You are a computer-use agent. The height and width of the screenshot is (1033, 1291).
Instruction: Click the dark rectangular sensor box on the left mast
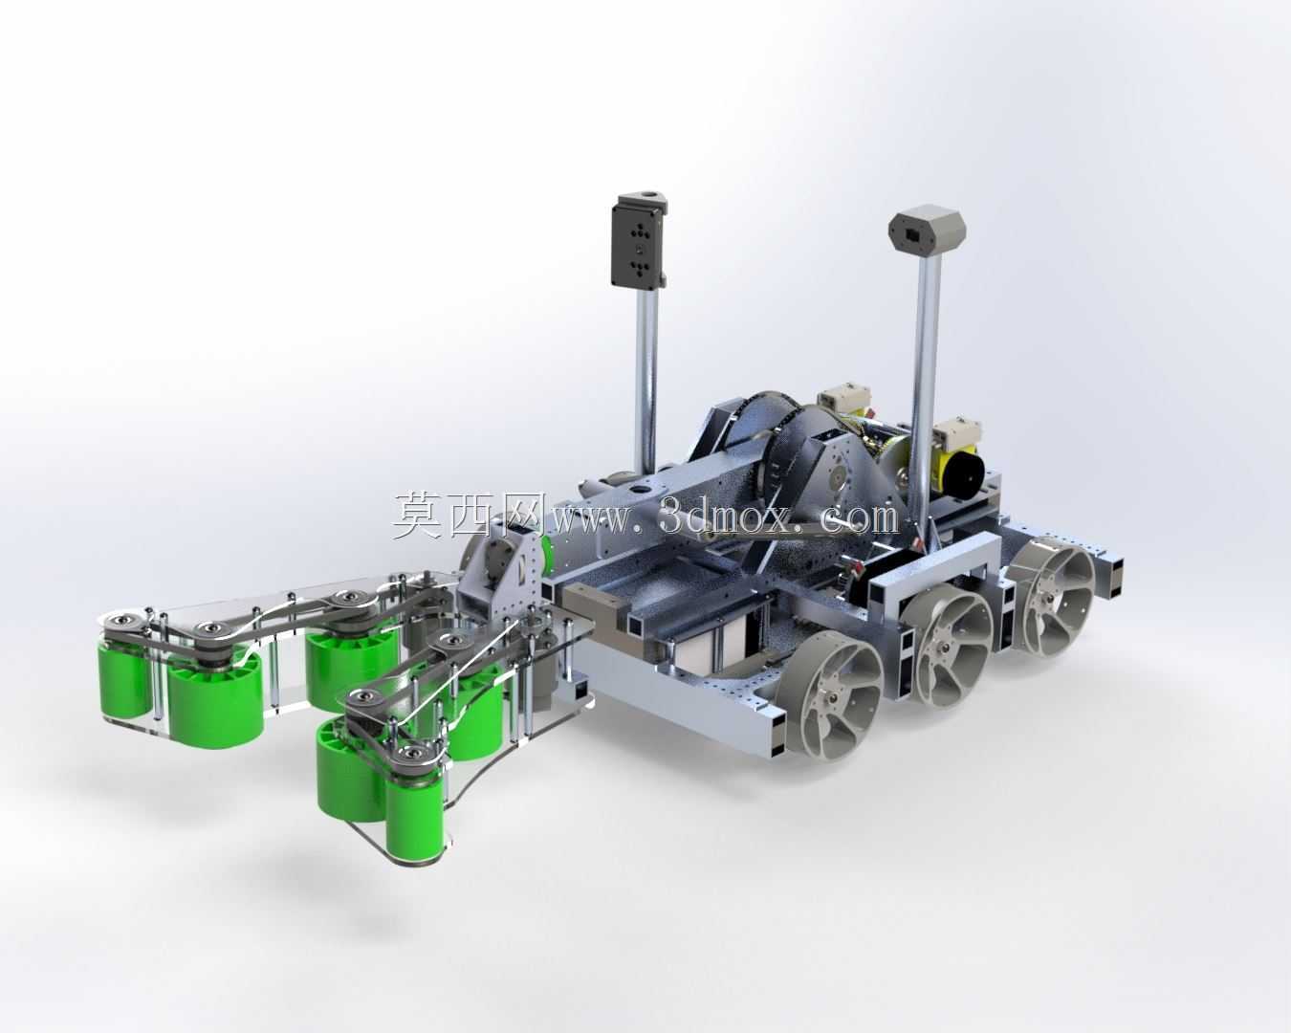639,240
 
